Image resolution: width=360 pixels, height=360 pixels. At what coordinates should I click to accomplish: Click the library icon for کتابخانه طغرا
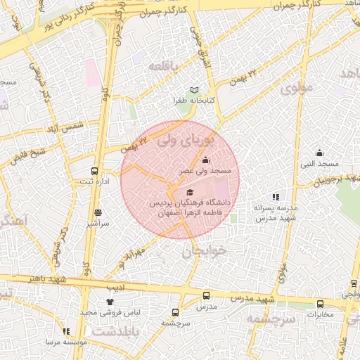(195, 89)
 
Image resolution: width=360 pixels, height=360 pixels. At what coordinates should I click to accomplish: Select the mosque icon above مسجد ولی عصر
(205, 160)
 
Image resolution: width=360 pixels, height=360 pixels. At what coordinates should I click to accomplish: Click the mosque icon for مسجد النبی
(319, 153)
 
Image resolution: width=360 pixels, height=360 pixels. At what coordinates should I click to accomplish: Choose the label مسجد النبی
(320, 164)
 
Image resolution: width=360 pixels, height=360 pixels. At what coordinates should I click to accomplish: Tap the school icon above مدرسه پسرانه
(276, 197)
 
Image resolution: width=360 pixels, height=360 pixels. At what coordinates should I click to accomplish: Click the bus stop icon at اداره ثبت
(95, 171)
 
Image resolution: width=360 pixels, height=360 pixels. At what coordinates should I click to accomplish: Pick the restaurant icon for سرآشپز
(98, 212)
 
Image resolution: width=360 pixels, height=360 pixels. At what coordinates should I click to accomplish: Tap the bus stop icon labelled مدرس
(206, 296)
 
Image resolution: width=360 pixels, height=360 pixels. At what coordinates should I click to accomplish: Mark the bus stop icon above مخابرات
(321, 304)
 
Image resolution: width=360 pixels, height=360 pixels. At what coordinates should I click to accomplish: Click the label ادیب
(115, 288)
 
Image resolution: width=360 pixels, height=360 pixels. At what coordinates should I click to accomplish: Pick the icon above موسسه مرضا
(66, 331)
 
